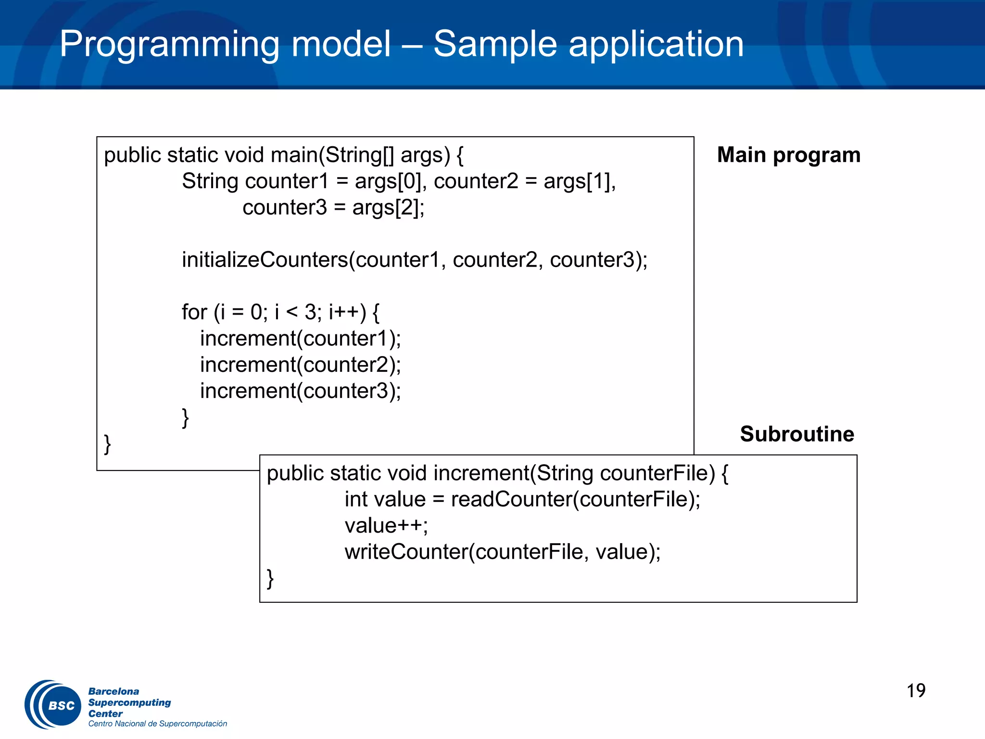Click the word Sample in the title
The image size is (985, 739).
(495, 44)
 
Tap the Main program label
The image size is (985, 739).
(789, 155)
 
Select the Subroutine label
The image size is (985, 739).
(797, 434)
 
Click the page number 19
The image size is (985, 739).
(916, 691)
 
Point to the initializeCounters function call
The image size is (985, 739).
(265, 260)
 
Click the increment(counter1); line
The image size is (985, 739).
(300, 339)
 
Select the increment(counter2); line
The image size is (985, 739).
(300, 365)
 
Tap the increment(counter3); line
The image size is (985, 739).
(300, 391)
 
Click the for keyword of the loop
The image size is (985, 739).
(194, 312)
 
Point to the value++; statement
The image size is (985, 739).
(386, 525)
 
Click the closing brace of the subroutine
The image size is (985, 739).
(270, 578)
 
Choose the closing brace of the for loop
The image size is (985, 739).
(185, 417)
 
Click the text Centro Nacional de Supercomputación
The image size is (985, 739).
(157, 724)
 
